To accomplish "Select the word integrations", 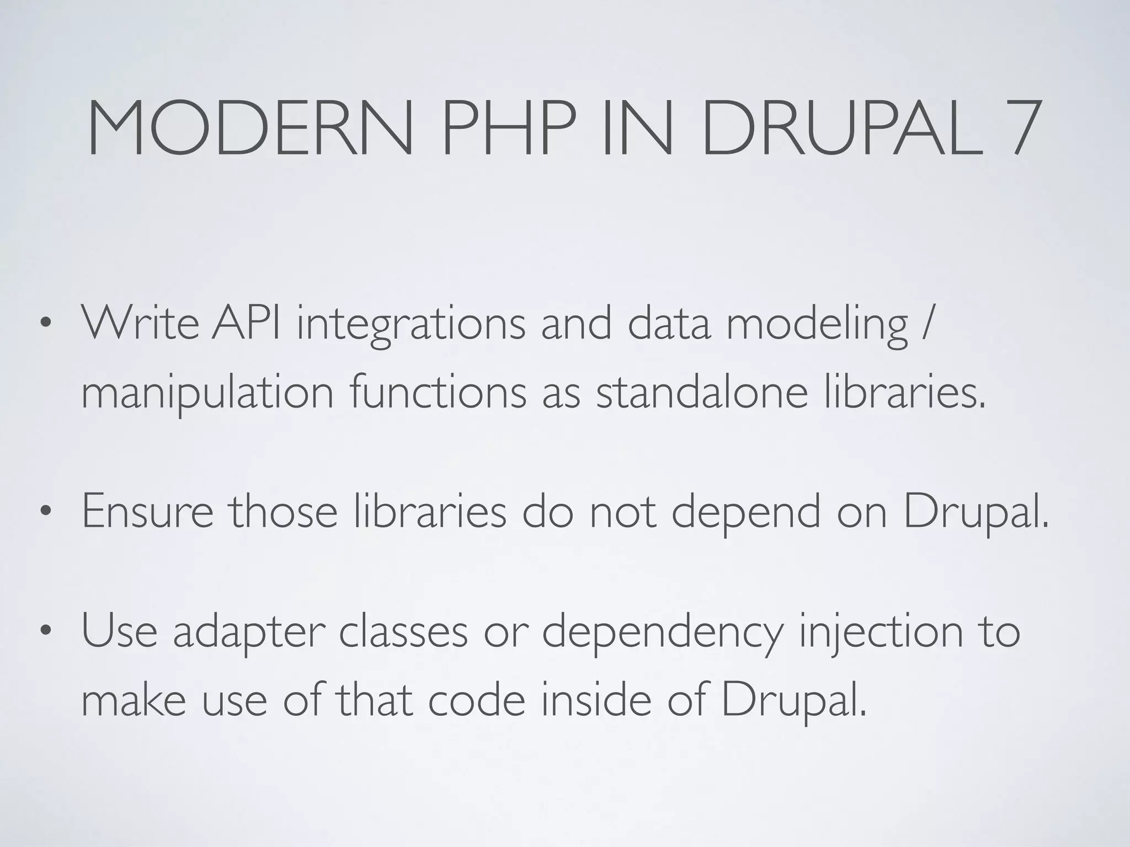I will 411,326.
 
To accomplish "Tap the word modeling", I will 817,326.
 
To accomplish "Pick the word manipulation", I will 207,395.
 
